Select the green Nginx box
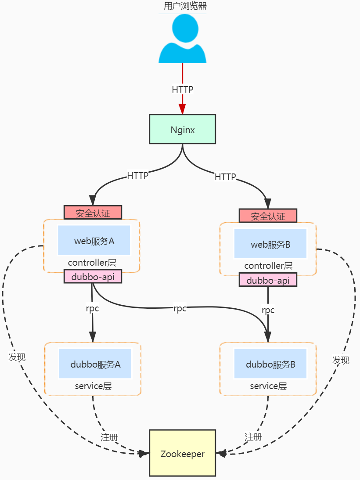tap(182, 129)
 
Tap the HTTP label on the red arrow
tap(182, 89)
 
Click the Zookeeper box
tap(182, 454)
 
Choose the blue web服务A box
tap(94, 240)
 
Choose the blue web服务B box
tap(270, 244)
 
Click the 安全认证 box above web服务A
tap(93, 213)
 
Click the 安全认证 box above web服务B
tap(268, 216)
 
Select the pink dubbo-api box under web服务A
tap(93, 277)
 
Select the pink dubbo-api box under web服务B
tap(268, 280)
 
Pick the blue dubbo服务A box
tap(95, 364)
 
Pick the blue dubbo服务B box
tap(270, 364)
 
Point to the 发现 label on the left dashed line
tap(17, 357)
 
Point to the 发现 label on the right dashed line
tap(341, 360)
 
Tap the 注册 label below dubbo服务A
tap(109, 437)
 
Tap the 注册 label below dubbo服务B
tap(253, 437)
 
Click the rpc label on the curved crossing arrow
tap(180, 309)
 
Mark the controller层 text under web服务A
tap(92, 263)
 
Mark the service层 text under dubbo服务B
tap(268, 386)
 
